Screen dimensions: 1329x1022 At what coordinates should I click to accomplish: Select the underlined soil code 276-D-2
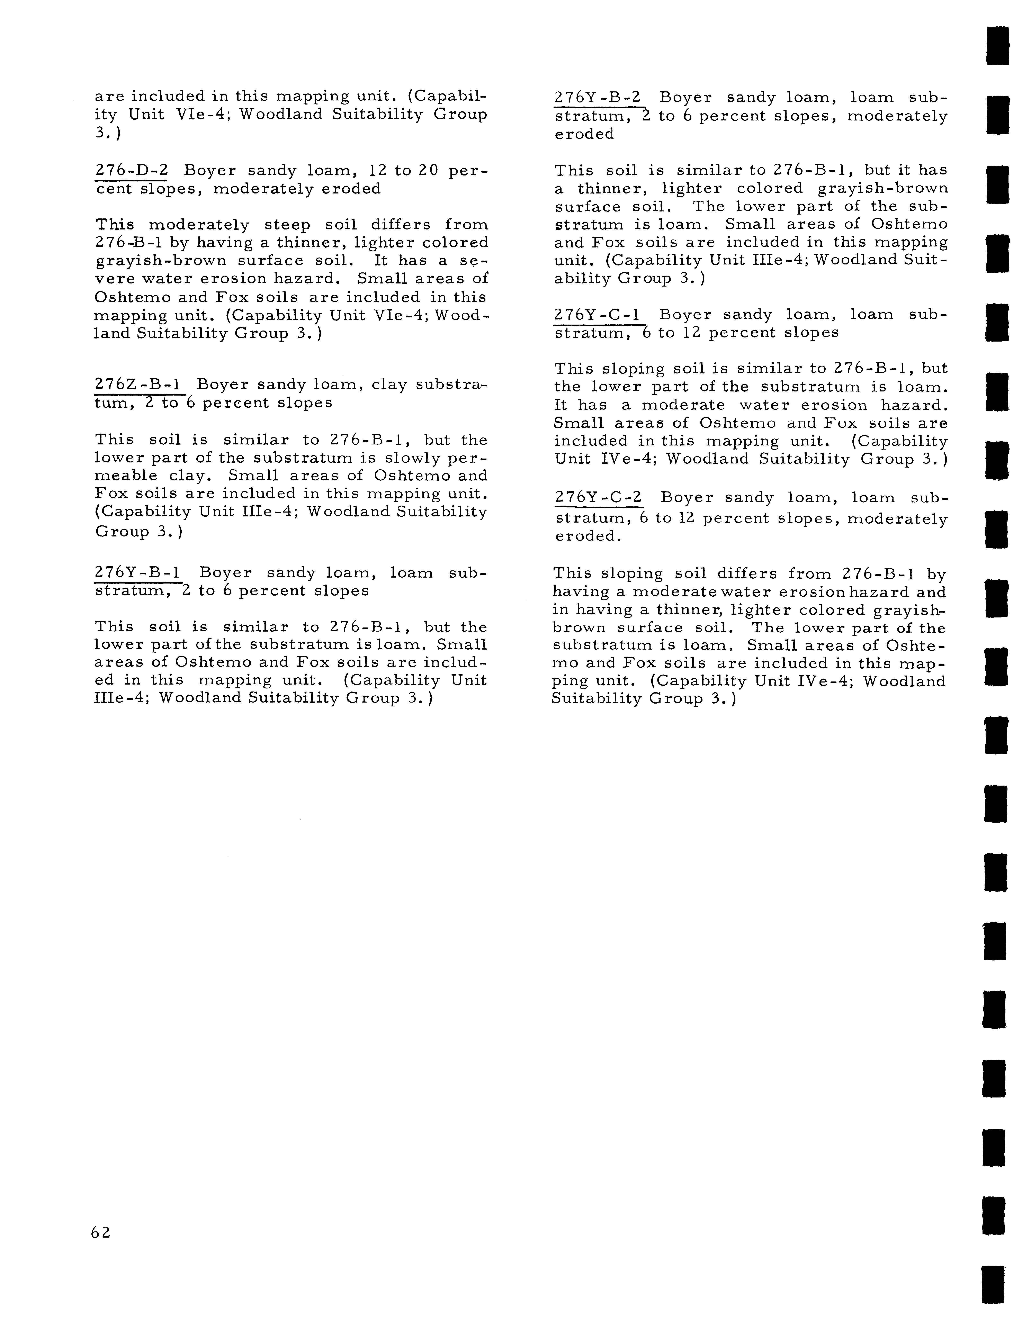[x=131, y=171]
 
